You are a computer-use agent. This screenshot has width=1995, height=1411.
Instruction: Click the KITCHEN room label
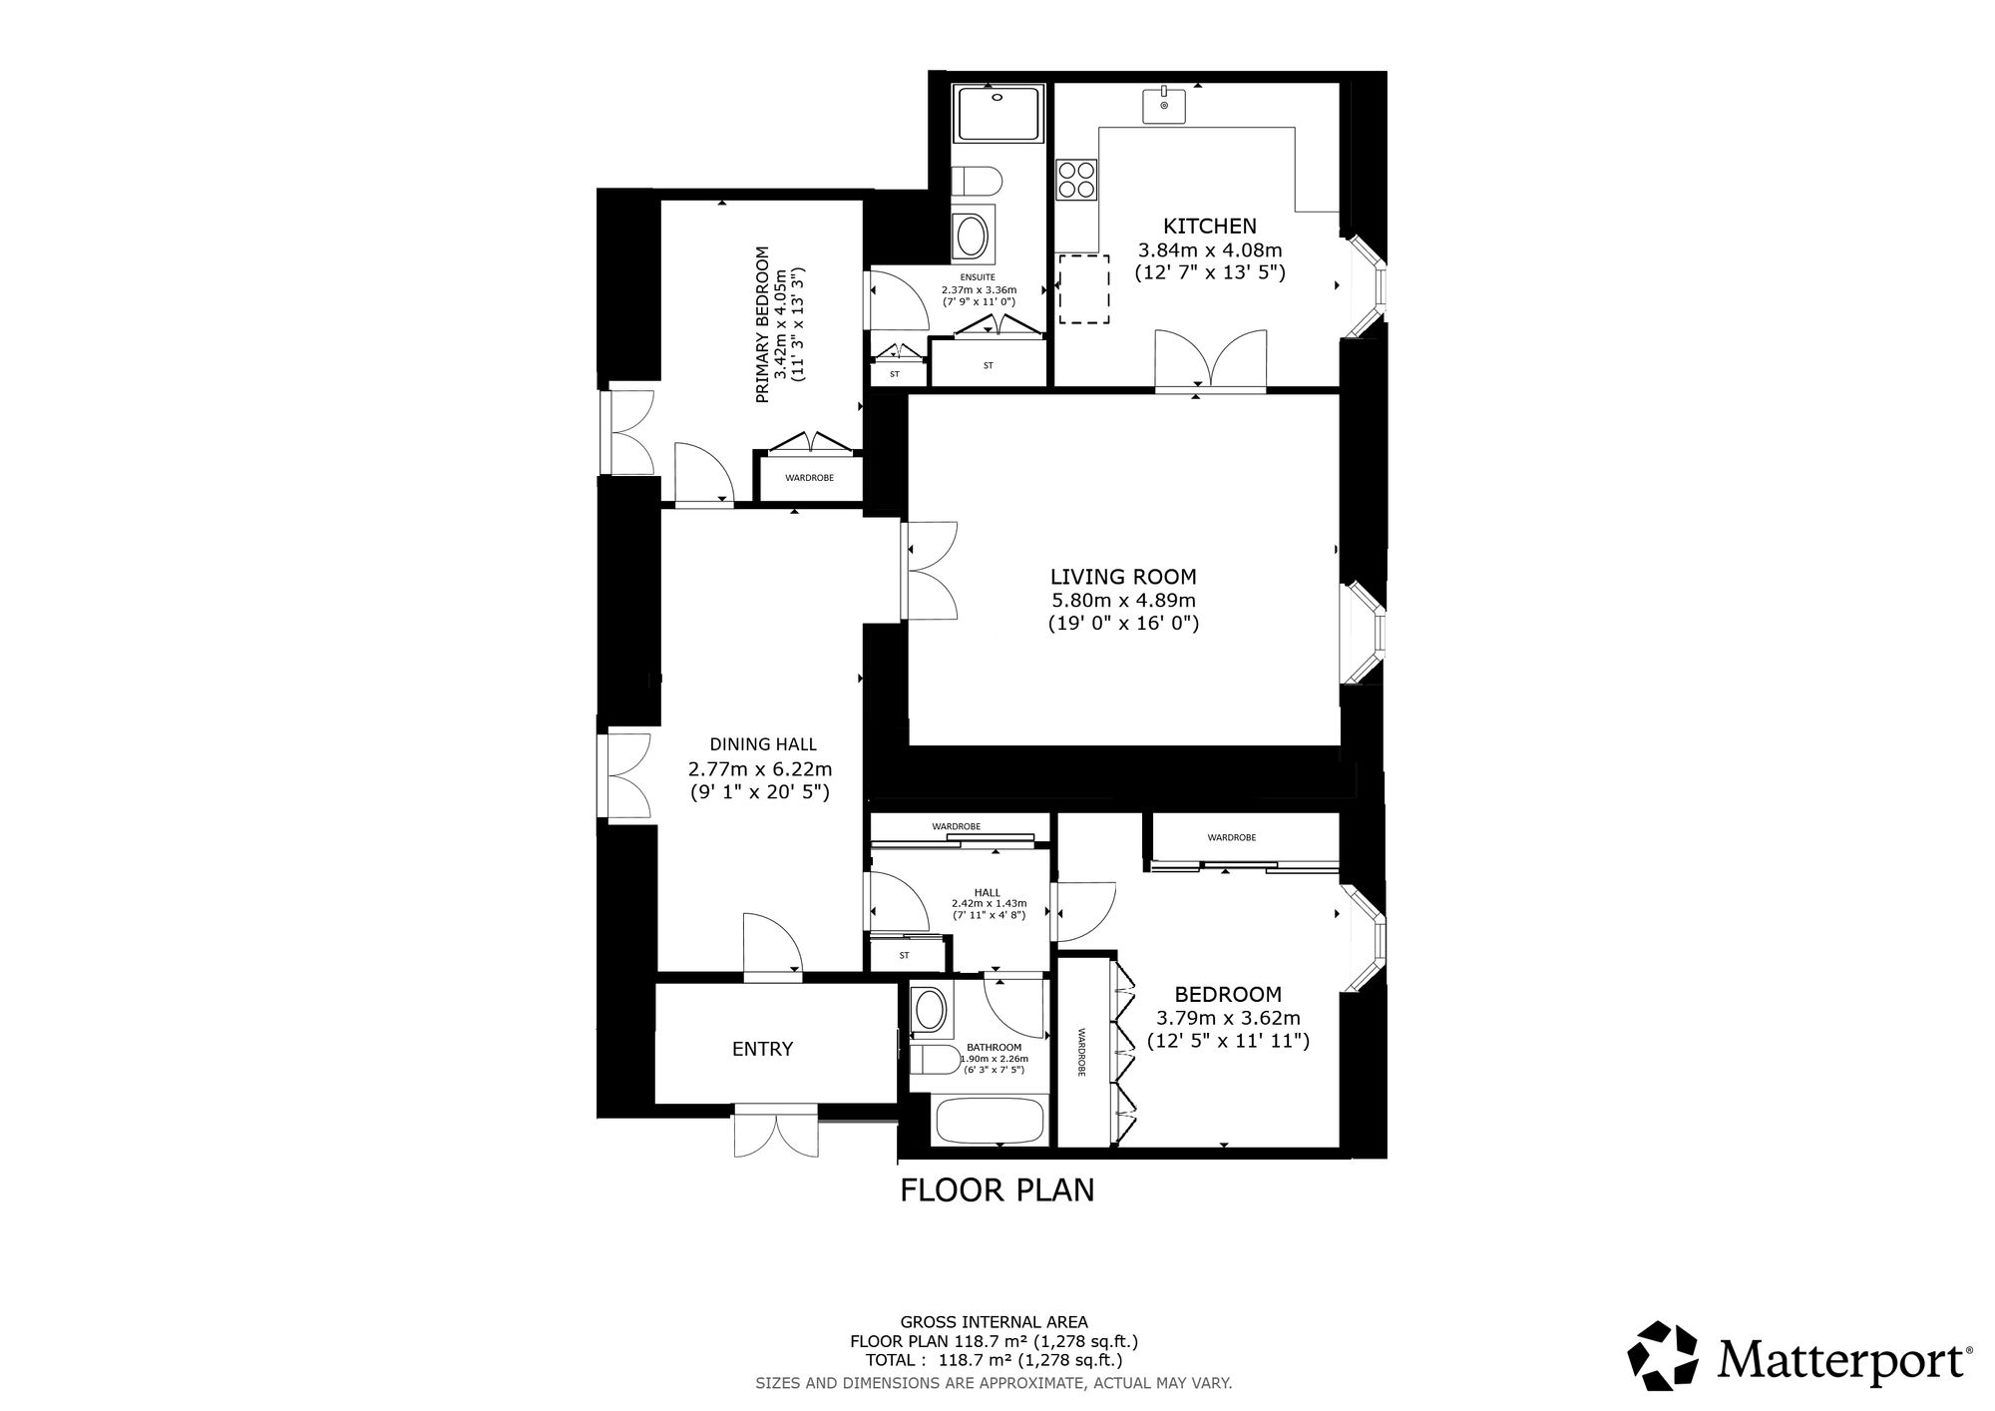coord(1209,227)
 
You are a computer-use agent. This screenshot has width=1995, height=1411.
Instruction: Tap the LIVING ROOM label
coord(1123,577)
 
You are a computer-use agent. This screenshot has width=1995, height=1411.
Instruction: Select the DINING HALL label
coord(763,744)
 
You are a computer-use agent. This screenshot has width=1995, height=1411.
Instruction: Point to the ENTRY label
coord(763,1049)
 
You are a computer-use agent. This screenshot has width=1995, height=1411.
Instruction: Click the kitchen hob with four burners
coord(1077,181)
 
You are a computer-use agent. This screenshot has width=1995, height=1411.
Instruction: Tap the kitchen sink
coord(1164,105)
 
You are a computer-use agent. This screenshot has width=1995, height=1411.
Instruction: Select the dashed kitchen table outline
coord(1084,288)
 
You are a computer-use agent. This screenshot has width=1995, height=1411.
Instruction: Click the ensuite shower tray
coord(999,113)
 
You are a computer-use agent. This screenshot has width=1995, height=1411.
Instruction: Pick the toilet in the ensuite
coord(976,183)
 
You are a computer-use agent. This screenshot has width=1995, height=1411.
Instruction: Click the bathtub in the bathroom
coord(989,1121)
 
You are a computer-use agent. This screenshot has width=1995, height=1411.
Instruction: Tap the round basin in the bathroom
coord(930,1010)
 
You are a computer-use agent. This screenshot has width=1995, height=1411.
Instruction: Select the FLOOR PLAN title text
coord(997,1190)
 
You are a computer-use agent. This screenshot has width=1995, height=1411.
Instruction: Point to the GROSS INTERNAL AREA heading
coord(995,1322)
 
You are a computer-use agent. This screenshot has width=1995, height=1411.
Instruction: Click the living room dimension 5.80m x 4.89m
coord(1123,601)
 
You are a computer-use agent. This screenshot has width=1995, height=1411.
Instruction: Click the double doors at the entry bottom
coord(776,1131)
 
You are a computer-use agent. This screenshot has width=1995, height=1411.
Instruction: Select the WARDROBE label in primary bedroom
coord(809,478)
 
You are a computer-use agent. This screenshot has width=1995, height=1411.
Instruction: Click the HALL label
coord(988,892)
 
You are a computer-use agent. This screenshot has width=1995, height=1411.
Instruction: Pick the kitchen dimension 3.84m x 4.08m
coord(1210,249)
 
